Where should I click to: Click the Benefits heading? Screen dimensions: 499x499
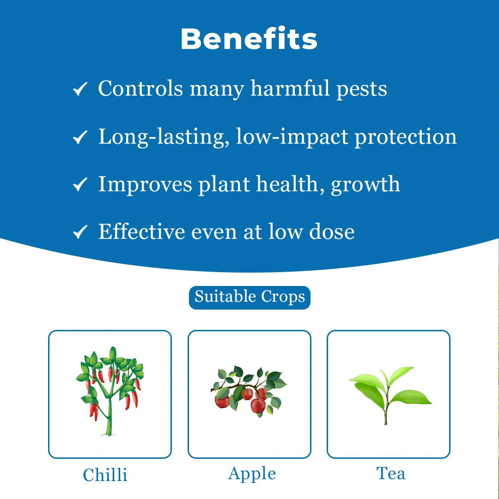249,39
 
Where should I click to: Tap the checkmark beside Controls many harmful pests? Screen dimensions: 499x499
80,89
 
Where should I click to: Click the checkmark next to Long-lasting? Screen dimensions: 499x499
80,137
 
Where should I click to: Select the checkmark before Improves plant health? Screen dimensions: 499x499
80,185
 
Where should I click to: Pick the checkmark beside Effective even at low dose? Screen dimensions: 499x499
80,232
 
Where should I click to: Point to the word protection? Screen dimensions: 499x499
405,137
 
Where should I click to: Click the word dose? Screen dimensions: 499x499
332,231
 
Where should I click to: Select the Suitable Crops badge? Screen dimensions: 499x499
249,297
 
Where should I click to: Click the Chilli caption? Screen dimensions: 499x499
105,475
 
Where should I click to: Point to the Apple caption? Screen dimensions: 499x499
252,474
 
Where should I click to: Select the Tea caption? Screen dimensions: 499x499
391,474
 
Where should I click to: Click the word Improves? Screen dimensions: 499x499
145,185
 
